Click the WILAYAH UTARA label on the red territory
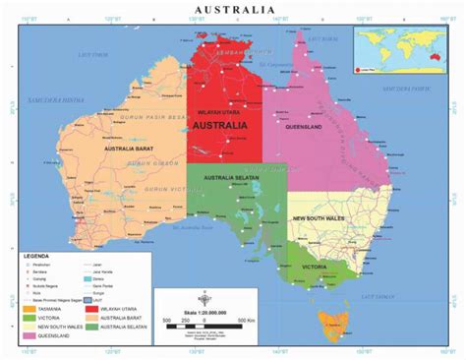click(225, 114)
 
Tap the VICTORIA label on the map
click(317, 267)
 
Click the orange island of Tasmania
click(335, 322)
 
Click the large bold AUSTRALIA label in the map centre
click(225, 126)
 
